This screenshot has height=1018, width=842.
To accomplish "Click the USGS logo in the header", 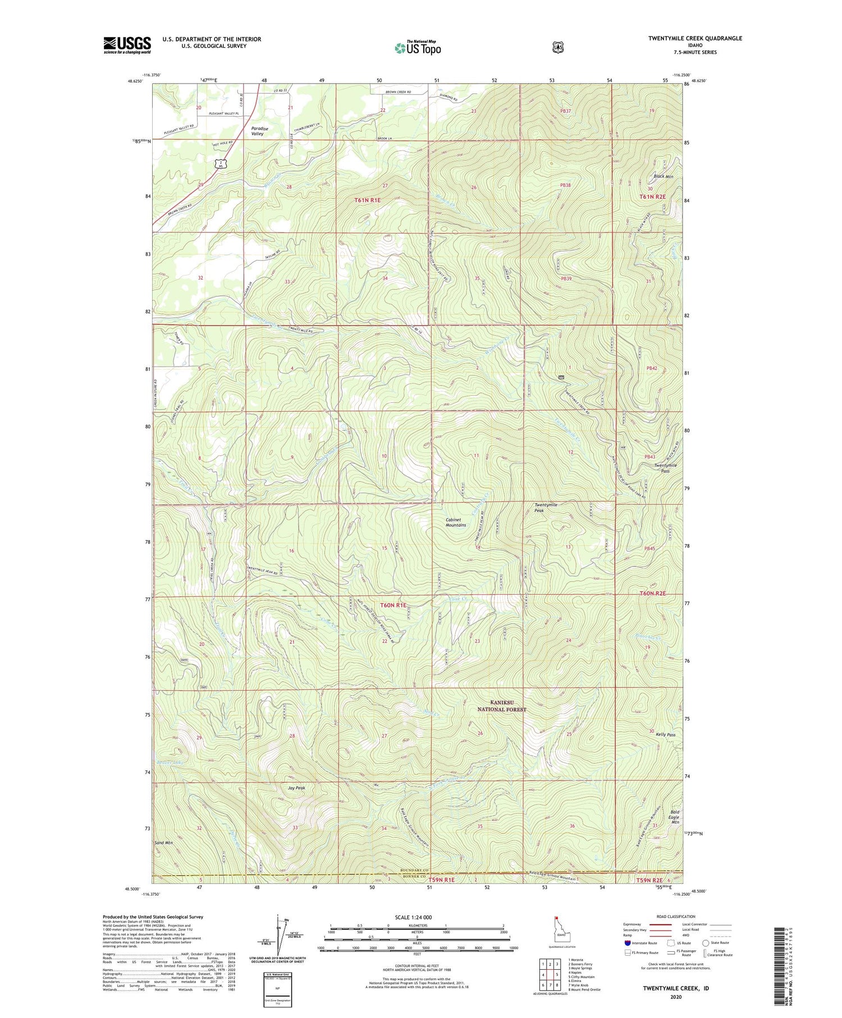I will [127, 45].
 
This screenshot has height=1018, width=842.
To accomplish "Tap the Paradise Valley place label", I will [259, 131].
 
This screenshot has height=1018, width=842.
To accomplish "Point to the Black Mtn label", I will [663, 176].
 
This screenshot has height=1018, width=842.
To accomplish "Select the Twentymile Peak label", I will [546, 508].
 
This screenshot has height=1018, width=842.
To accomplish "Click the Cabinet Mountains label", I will [455, 522].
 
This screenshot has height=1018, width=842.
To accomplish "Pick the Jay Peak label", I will [296, 788].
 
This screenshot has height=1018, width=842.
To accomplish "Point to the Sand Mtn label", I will [163, 843].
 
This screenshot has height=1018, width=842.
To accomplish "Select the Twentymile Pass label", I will [665, 468].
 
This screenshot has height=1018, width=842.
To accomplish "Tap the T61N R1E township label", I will [368, 200].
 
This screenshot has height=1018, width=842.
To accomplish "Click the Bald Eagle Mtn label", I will [675, 817].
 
